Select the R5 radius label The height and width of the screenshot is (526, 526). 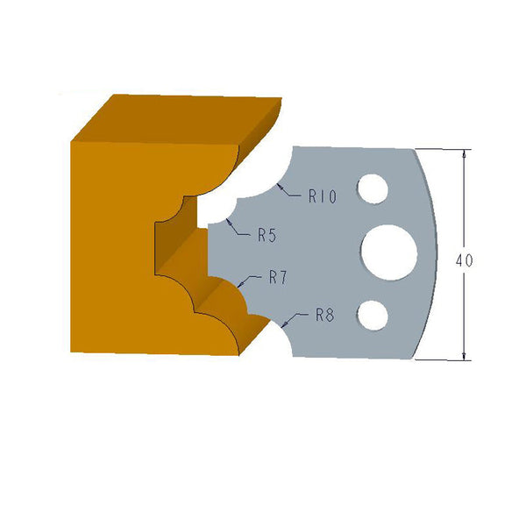(267, 235)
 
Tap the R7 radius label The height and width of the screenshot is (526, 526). (279, 279)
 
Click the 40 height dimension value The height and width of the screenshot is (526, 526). (465, 260)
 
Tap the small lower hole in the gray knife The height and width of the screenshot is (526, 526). (374, 314)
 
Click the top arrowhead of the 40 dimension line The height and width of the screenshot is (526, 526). (464, 153)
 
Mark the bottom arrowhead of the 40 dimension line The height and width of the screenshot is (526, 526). (464, 355)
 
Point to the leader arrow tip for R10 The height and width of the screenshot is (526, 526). (277, 186)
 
